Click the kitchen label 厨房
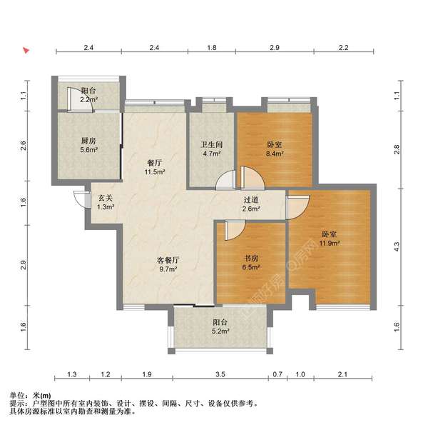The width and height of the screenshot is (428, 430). coord(88,141)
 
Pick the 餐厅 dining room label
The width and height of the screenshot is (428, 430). coord(155,163)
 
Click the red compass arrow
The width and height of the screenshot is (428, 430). coord(25,51)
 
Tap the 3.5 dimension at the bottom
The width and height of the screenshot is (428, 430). coord(220,374)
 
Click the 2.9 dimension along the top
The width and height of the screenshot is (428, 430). coord(274,47)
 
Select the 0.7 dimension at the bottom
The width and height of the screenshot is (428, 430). coord(278,374)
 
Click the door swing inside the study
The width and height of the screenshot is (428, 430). coord(232,231)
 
